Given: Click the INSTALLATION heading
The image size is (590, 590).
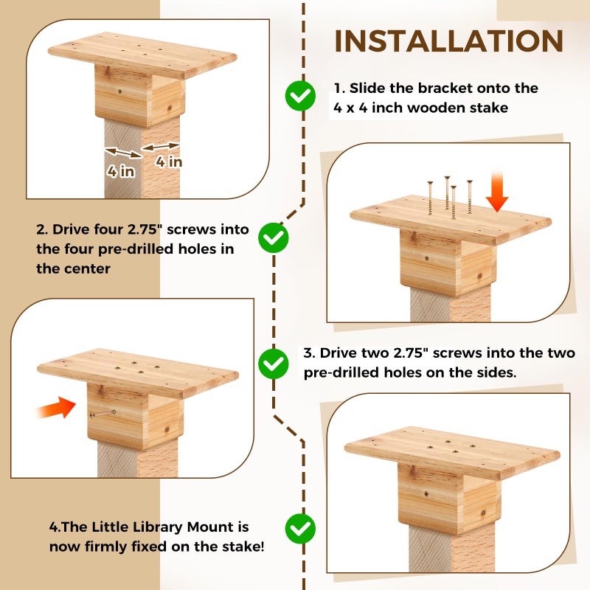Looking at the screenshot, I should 448,41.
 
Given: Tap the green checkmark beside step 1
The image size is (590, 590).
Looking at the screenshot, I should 300,96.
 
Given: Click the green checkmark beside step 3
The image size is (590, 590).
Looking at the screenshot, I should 274,364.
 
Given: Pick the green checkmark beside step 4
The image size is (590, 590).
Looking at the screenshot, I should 300,528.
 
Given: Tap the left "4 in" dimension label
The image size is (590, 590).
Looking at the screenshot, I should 120,171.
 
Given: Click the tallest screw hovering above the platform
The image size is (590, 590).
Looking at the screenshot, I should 447,193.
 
